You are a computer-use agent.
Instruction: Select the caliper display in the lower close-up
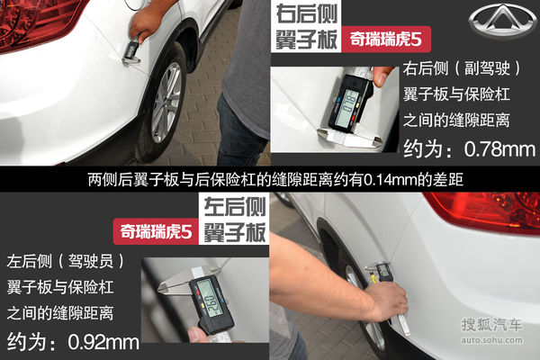(x=208, y=296)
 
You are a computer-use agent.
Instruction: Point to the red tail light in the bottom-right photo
(x=486, y=211)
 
